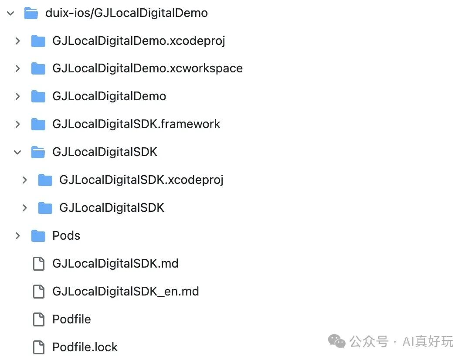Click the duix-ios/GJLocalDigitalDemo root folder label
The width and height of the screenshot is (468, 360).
click(x=126, y=13)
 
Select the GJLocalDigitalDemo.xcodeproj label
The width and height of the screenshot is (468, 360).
click(x=139, y=41)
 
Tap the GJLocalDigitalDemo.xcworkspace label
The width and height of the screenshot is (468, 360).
click(x=147, y=68)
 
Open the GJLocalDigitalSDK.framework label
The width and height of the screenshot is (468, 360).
click(x=136, y=124)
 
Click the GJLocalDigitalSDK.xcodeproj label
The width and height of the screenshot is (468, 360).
click(x=141, y=180)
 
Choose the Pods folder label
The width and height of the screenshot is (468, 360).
click(x=66, y=236)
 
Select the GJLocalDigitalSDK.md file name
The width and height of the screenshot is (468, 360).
click(x=115, y=264)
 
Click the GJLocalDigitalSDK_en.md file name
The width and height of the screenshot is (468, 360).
click(x=125, y=292)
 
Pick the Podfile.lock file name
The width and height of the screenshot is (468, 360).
click(x=85, y=347)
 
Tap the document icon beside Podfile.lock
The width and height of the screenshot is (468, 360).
click(x=39, y=347)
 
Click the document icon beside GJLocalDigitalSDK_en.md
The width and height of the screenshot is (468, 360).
click(x=39, y=292)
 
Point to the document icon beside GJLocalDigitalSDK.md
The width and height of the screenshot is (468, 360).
click(x=39, y=264)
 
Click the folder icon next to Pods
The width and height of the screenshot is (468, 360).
click(x=38, y=236)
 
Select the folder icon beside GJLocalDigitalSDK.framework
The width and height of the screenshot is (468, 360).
click(x=38, y=124)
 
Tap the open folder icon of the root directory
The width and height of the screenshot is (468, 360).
click(x=31, y=13)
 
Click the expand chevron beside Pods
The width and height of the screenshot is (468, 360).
click(x=17, y=236)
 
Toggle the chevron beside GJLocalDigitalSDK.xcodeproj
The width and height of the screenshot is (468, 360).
click(x=24, y=180)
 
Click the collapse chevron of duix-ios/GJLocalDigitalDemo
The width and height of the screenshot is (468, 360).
click(x=10, y=13)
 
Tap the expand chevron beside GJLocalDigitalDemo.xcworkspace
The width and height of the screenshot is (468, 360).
click(x=17, y=68)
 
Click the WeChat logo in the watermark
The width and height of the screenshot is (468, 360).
click(x=336, y=341)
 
